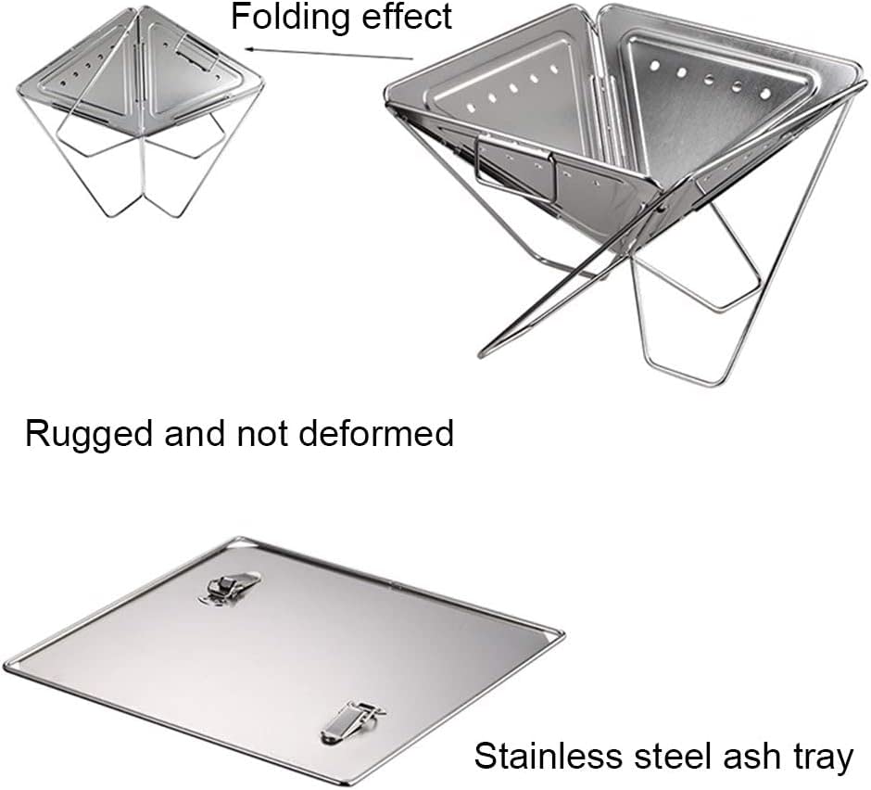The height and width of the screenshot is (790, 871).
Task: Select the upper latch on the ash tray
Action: (228, 587)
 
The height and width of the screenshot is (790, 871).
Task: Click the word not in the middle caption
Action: (257, 433)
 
